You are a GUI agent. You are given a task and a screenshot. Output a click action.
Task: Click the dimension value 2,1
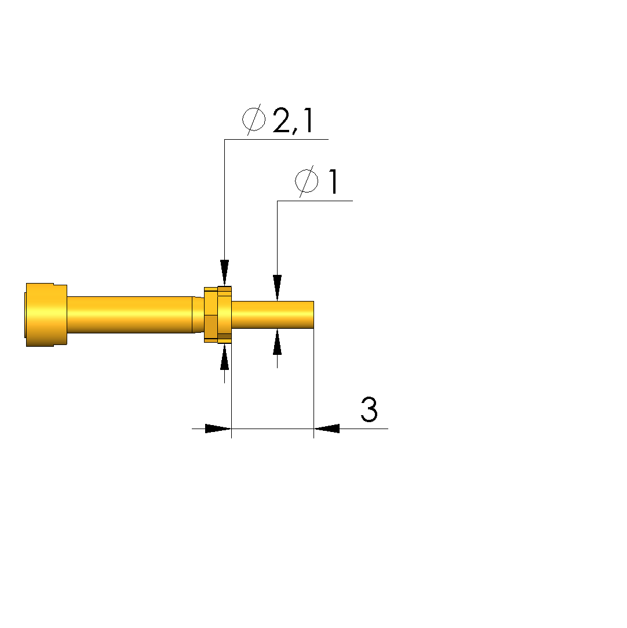(293, 121)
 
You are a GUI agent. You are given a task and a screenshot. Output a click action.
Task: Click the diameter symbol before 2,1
(254, 119)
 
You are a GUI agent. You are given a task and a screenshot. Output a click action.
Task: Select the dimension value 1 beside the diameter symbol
(333, 181)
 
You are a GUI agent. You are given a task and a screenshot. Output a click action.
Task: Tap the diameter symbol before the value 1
(307, 181)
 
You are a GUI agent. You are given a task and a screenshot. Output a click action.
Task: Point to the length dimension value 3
(369, 409)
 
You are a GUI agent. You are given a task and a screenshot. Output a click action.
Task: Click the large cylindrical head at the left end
(46, 315)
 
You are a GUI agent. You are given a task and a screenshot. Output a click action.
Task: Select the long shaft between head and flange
(130, 315)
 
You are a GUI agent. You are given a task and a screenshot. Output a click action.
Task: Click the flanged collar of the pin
(218, 315)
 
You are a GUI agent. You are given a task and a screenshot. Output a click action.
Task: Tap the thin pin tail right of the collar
(272, 315)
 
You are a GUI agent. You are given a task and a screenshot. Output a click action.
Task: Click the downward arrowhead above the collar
(224, 273)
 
